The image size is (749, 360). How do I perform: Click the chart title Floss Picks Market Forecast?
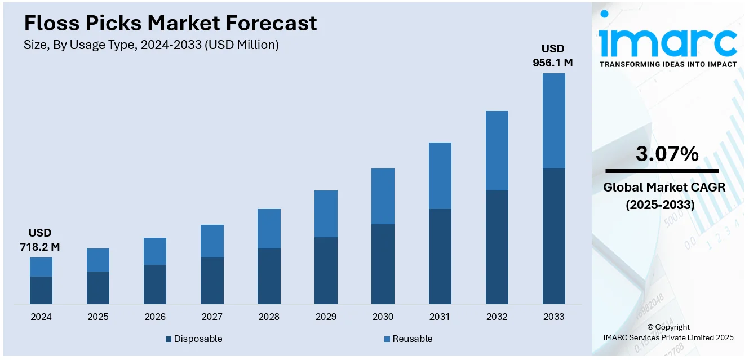point(170,23)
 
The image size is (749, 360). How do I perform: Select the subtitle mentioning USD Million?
point(151,45)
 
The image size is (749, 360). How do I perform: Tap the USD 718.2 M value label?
point(40,239)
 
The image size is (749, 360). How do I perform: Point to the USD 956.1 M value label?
point(553,55)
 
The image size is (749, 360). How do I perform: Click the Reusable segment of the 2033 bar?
point(553,121)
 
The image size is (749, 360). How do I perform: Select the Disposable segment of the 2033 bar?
point(553,236)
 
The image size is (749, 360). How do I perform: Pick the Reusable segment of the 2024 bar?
point(41,267)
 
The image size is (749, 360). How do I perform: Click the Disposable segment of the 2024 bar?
point(41,290)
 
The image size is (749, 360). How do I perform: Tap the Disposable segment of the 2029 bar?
point(326,270)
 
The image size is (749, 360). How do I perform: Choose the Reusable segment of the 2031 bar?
point(440,176)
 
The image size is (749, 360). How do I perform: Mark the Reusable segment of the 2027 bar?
point(212,241)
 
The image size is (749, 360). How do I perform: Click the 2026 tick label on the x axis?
point(155,317)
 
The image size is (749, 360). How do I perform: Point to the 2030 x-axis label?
point(383,317)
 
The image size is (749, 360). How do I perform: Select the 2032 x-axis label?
point(497,317)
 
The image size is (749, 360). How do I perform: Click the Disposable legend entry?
point(194,339)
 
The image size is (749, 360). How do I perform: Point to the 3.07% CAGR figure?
point(667,154)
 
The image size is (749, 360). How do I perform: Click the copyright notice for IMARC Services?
point(668,332)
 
